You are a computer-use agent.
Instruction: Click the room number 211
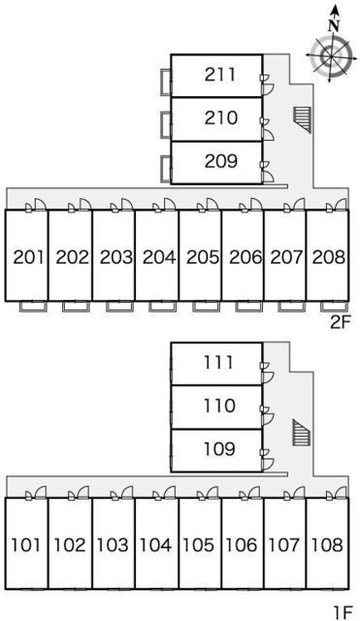[220, 75]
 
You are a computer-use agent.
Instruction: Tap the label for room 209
[221, 161]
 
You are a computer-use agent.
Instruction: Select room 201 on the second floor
[28, 257]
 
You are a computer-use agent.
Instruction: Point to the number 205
[203, 257]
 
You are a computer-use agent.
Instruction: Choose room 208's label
[328, 257]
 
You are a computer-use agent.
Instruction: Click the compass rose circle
[330, 56]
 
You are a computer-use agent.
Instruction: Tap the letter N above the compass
[335, 26]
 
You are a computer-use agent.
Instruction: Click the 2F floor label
[341, 323]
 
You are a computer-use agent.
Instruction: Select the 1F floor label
[343, 612]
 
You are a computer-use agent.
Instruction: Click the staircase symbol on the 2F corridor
[303, 119]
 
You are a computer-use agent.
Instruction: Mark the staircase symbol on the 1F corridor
[302, 433]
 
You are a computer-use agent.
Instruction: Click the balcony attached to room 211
[166, 82]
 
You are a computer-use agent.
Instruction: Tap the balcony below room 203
[119, 307]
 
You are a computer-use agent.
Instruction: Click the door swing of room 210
[268, 135]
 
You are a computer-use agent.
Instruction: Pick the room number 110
[220, 406]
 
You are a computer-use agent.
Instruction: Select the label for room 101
[26, 545]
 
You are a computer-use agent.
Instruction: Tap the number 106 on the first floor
[241, 545]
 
